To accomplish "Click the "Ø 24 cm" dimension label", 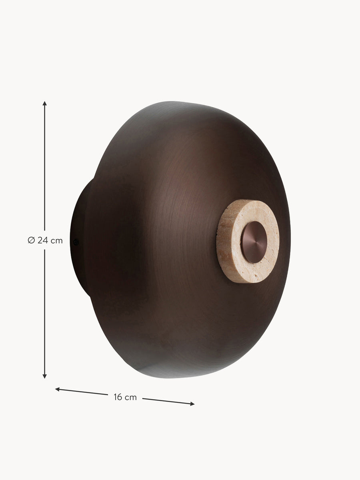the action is [45, 240].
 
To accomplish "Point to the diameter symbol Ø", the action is [31, 240].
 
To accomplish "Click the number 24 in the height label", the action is [43, 240].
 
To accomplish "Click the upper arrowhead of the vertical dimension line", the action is [44, 103].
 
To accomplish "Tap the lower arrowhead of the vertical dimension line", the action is [44, 376].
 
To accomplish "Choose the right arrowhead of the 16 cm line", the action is [192, 404].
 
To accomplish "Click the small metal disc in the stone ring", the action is [254, 242].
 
